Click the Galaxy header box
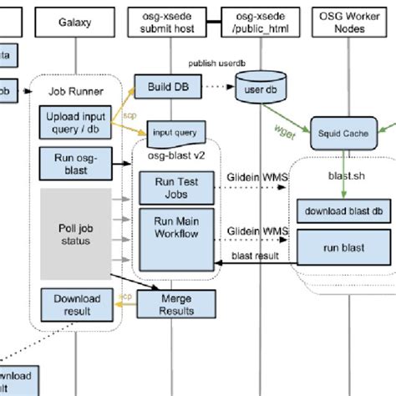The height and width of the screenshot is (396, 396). (76, 23)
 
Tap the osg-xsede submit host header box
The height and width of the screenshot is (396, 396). (170, 23)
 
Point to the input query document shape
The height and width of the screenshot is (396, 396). (175, 131)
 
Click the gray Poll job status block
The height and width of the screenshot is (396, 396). (76, 233)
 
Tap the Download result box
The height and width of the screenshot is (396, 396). (76, 305)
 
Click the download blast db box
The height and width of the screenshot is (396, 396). (343, 210)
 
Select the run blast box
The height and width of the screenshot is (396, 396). (343, 247)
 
